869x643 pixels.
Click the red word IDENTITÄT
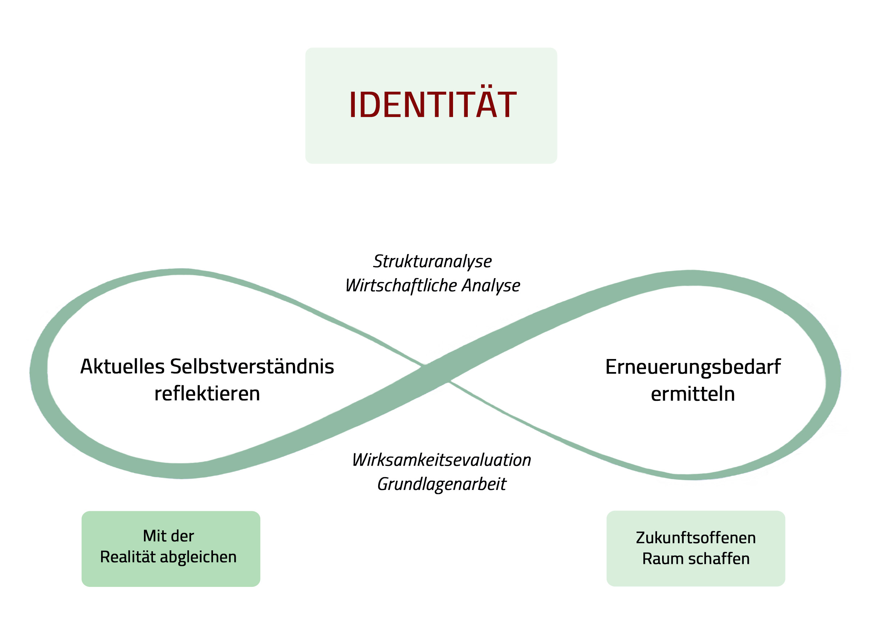[x=433, y=104]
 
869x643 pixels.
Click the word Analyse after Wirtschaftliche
[x=491, y=285]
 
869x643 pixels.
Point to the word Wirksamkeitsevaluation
[x=441, y=460]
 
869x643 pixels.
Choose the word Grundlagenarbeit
[x=441, y=484]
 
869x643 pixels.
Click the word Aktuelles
[x=122, y=366]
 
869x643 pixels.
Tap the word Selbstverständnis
[x=252, y=366]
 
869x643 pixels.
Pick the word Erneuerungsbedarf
[x=693, y=367]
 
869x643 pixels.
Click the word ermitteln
[x=693, y=394]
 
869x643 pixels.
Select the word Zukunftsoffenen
[x=696, y=538]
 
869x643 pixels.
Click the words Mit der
[x=168, y=536]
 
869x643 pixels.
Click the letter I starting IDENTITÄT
[x=353, y=104]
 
